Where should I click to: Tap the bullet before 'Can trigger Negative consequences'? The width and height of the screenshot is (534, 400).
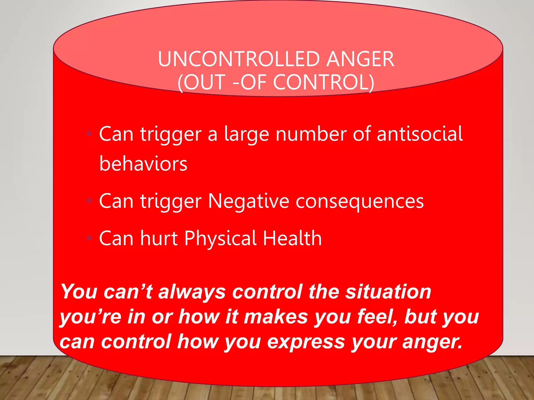[89, 201]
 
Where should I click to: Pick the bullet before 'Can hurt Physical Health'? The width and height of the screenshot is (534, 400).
[89, 238]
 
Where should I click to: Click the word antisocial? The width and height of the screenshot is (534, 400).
[420, 134]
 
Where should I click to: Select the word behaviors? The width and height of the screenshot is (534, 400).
[143, 164]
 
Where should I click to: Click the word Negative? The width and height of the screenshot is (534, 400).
[248, 201]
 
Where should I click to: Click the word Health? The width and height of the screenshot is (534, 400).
[292, 238]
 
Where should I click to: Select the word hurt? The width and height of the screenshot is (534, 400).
[159, 238]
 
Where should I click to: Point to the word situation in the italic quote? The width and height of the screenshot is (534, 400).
[388, 292]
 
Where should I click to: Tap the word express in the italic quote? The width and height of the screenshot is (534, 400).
[306, 342]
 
